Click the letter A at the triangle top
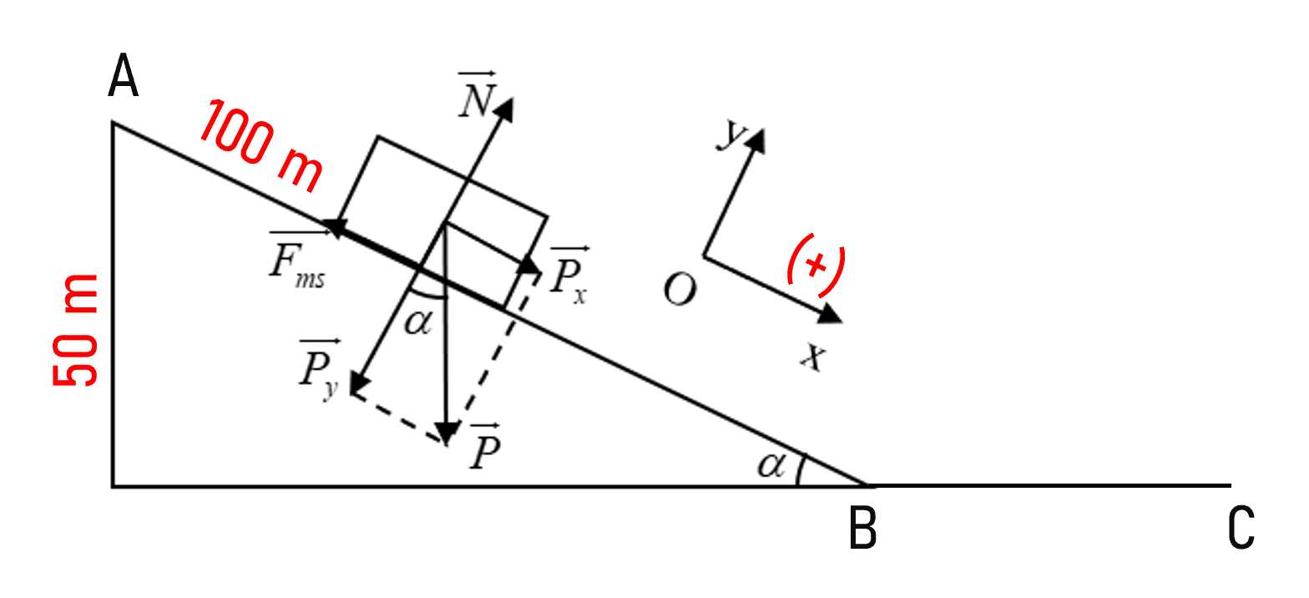(x=124, y=75)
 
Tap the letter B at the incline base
(x=862, y=528)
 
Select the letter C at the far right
(x=1241, y=528)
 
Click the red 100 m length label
(x=261, y=146)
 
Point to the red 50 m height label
(x=75, y=330)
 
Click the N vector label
(x=477, y=94)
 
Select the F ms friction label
(x=297, y=261)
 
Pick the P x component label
(x=569, y=276)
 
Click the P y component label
(x=319, y=369)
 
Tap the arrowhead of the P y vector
(x=359, y=383)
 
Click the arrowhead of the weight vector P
(x=447, y=433)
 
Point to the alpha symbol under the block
(x=418, y=322)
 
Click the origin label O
(x=680, y=290)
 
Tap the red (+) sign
(x=816, y=265)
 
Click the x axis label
(x=813, y=356)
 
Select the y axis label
(x=730, y=134)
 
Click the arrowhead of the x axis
(x=830, y=315)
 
